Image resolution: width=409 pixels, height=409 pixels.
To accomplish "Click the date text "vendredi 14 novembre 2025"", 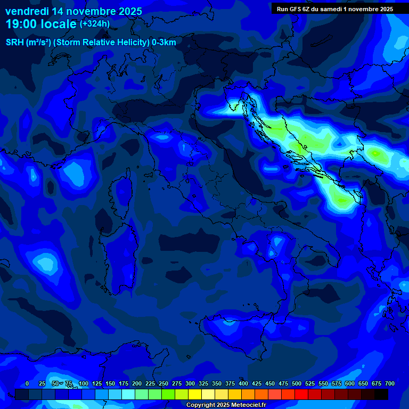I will point(73,11).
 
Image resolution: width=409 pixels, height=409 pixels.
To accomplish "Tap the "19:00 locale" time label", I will point(41,24).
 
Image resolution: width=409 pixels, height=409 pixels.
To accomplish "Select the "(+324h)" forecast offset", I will point(95,24).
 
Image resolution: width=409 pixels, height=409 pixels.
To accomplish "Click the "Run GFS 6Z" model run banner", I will point(334,9).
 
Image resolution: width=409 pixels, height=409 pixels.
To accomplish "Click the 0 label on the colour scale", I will point(27,383).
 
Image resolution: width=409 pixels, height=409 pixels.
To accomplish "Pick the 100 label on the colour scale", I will point(84,383).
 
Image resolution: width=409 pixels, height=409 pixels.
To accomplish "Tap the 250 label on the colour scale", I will point(163,383).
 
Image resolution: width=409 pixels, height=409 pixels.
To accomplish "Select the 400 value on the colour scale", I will point(243,383).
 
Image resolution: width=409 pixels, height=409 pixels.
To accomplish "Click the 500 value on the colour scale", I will point(297,383).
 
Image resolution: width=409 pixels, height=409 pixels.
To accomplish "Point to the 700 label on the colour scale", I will point(390,383).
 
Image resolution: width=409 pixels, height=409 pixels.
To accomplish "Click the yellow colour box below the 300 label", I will point(195,394).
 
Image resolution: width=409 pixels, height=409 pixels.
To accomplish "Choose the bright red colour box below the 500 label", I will point(301,394).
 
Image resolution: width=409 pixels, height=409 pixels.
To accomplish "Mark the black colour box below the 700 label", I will point(381,394).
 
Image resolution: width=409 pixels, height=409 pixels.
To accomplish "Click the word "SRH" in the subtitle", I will point(15,43).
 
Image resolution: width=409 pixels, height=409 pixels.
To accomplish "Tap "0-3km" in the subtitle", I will point(163,43).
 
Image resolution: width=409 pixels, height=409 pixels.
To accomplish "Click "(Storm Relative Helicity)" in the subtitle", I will point(102,43).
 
